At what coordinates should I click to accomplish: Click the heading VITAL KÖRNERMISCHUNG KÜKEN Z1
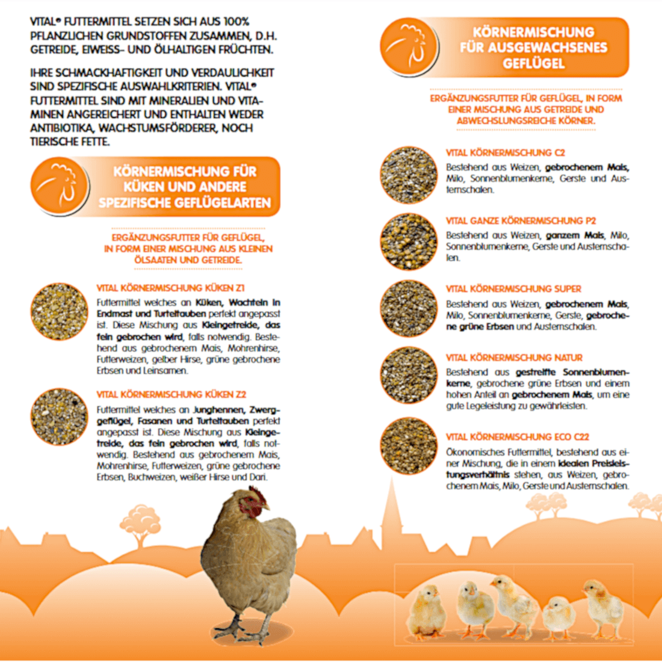pos(170,288)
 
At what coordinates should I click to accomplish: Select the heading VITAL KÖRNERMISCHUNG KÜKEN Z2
pos(171,395)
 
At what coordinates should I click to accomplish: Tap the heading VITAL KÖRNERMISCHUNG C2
pos(505,153)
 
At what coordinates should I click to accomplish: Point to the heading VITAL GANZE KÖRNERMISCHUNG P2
pos(521,221)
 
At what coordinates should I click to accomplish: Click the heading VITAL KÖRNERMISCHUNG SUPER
pos(513,289)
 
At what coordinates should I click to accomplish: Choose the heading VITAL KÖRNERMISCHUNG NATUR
pos(514,357)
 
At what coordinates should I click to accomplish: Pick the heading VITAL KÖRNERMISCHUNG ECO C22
pos(517,437)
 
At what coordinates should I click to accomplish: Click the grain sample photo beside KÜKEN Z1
pos(59,312)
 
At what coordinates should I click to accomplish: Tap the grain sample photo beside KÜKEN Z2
pos(59,417)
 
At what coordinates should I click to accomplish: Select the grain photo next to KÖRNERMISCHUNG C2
pos(409,175)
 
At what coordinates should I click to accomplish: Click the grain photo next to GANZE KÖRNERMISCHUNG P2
pos(409,242)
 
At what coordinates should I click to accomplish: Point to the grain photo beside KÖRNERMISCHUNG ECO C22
pos(409,446)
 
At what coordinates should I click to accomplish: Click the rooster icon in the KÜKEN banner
pos(59,187)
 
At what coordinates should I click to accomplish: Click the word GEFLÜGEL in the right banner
pos(534,63)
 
